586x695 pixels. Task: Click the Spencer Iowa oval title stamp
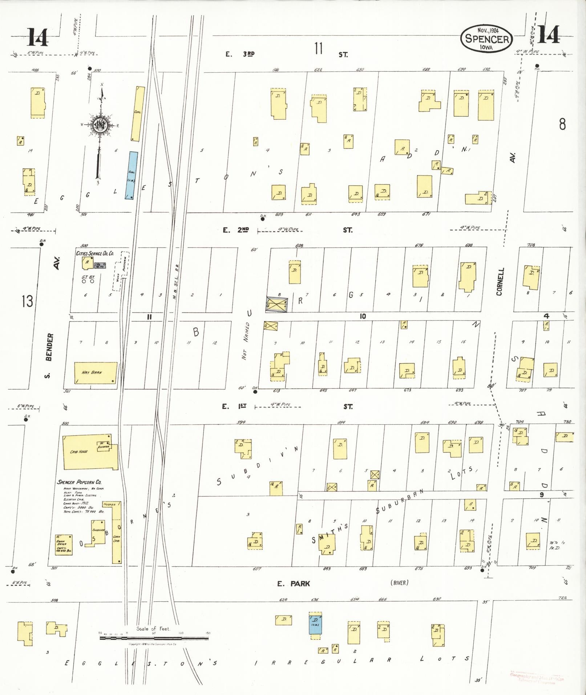click(486, 38)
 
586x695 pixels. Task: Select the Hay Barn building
click(96, 373)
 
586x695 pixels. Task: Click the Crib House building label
click(79, 452)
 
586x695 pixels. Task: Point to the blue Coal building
click(132, 175)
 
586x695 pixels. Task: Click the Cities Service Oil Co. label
click(95, 253)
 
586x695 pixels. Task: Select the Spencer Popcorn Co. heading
click(79, 482)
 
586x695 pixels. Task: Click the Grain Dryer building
click(64, 544)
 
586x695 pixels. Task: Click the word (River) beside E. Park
click(400, 583)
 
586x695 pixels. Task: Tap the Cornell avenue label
click(501, 282)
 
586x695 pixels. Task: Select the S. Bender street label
click(49, 355)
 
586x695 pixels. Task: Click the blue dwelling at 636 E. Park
click(315, 625)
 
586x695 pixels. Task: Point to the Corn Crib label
click(117, 538)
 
